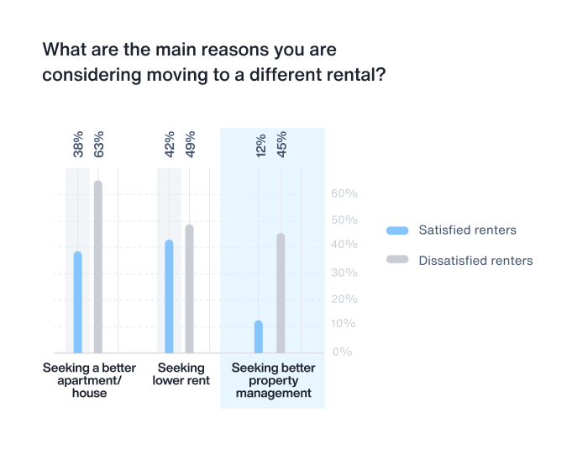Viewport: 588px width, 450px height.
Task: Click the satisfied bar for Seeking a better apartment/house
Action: [78, 302]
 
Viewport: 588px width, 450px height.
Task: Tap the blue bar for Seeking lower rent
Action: [169, 296]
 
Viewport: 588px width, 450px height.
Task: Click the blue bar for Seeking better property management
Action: [259, 336]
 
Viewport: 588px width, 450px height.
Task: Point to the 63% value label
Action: [98, 145]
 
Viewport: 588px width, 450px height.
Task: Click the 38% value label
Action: [78, 145]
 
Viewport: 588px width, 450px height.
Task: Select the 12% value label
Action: [260, 145]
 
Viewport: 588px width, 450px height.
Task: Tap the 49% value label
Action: [190, 145]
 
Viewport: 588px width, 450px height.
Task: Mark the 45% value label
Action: [281, 145]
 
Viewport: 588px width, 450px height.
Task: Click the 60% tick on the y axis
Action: [344, 193]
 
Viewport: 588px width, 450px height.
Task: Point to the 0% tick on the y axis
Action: [342, 352]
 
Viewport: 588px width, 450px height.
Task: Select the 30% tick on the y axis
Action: [344, 273]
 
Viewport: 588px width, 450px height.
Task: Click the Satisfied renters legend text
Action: [468, 230]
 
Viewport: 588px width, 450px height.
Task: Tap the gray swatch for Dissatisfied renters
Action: [397, 260]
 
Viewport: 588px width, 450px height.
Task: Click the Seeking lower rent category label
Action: [181, 374]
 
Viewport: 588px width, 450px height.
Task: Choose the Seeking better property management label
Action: [273, 380]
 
